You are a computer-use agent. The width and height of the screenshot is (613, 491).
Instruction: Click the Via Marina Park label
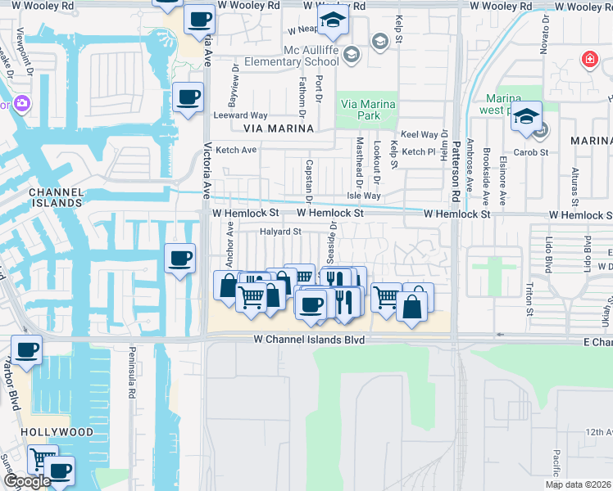click(368, 110)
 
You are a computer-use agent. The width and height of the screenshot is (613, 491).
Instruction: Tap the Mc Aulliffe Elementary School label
click(311, 56)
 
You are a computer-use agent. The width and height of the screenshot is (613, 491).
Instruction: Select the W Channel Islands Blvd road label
click(308, 338)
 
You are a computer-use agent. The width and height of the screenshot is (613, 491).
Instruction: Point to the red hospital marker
click(588, 60)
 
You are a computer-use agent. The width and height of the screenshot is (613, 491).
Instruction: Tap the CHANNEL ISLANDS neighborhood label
click(56, 196)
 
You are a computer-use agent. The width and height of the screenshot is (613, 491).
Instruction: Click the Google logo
click(27, 481)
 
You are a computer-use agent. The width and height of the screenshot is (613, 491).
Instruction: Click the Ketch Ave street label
click(236, 150)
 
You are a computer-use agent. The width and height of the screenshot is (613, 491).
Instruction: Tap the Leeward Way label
click(247, 115)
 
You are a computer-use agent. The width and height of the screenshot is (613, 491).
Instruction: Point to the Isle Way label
click(364, 196)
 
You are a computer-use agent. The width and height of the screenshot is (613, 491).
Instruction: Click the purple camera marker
click(20, 104)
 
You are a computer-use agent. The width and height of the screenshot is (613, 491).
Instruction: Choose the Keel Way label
click(419, 134)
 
